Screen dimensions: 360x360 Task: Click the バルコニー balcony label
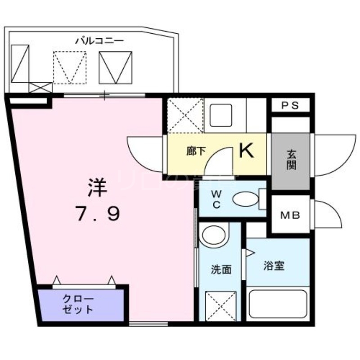click(99, 41)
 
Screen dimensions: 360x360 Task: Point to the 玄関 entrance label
click(290, 160)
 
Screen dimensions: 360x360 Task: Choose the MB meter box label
click(290, 215)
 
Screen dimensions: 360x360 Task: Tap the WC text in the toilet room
click(216, 199)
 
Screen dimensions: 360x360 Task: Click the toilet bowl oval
click(245, 199)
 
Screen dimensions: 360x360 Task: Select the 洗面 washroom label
click(221, 270)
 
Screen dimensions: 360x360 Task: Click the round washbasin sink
click(214, 235)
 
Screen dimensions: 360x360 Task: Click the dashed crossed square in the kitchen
click(185, 115)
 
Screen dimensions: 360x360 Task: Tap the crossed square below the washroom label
click(220, 306)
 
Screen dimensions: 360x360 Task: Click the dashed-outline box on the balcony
click(69, 67)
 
